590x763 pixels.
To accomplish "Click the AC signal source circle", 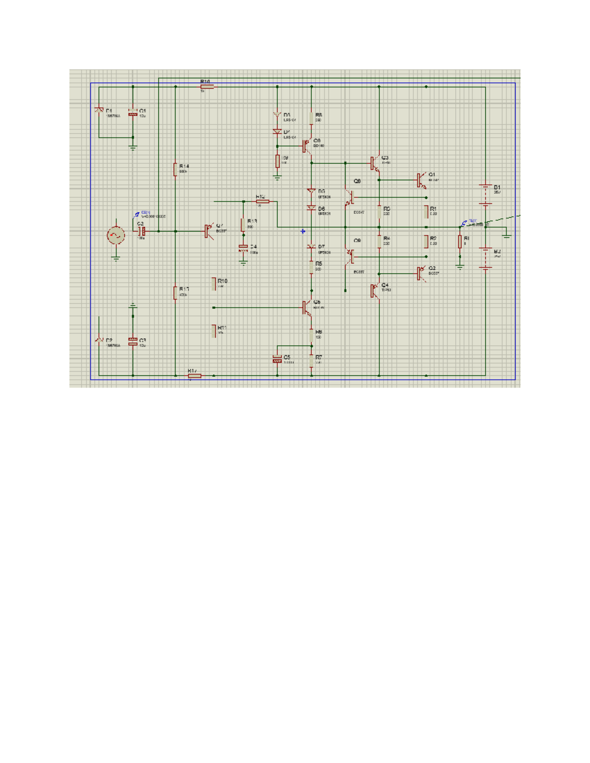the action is coord(116,236).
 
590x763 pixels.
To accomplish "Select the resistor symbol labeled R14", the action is coord(175,169).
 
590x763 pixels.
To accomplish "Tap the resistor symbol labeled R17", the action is coord(175,292).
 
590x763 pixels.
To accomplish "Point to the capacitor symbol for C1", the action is coord(133,113).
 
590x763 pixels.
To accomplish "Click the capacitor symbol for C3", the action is coord(133,341).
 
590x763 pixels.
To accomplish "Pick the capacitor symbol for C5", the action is coord(277,359).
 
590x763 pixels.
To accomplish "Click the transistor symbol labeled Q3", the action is coord(375,163).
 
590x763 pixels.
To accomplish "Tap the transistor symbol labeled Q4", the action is coord(375,290).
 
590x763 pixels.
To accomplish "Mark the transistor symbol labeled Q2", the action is coord(421,273).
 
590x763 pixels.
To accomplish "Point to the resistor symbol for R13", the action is coord(243,225).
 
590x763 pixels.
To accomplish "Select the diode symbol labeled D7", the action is coord(311,247).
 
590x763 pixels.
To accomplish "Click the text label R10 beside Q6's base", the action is coord(223,281).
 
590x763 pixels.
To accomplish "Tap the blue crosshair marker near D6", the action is coord(303,231).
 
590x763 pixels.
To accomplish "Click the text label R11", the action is coord(222,327).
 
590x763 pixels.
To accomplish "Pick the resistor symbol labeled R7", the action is coord(312,361).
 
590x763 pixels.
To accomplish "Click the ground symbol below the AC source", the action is coord(116,258).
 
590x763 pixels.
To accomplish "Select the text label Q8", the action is coord(357,181).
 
